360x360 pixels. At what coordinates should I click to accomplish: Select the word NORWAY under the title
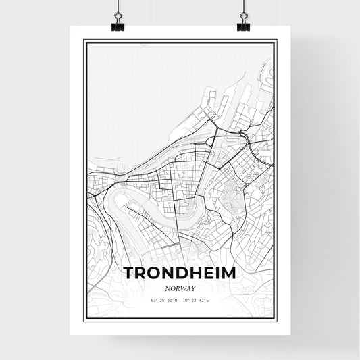coord(179,286)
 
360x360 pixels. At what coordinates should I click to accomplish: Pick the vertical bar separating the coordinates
coord(180,298)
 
